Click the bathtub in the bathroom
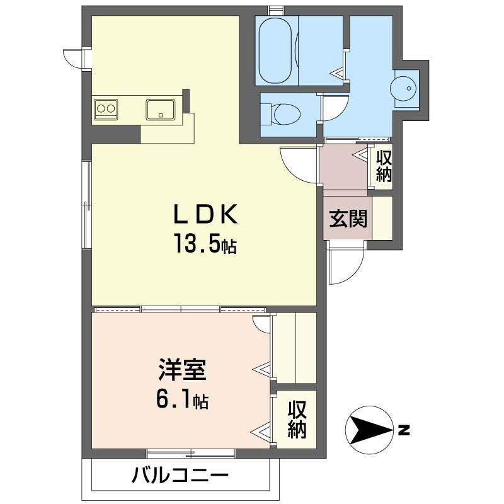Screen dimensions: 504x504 point(275,50)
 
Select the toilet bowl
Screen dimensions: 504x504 point(285,114)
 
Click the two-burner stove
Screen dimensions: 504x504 point(105,109)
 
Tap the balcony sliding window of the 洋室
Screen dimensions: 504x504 point(191,452)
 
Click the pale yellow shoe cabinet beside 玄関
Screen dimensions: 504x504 point(382,218)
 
